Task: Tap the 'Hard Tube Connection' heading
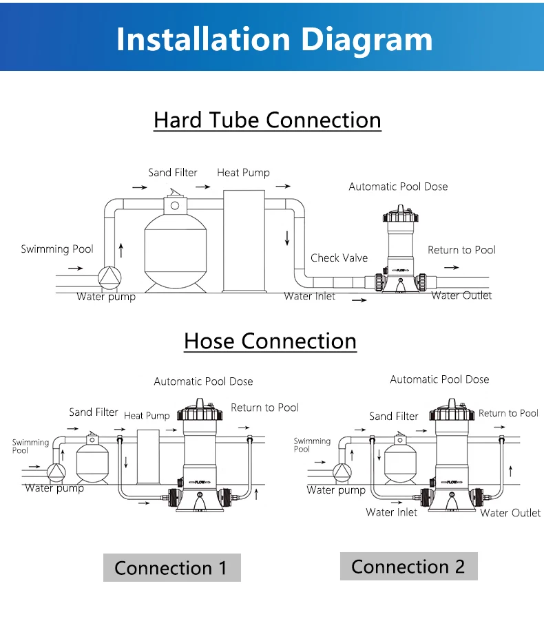[267, 120]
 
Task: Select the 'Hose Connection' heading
[270, 341]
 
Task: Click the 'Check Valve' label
[339, 258]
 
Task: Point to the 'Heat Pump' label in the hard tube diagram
[243, 173]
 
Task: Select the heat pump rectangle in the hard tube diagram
[244, 244]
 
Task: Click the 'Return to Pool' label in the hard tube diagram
[461, 250]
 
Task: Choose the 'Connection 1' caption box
[171, 568]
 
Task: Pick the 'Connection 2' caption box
[408, 567]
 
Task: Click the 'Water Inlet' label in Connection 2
[391, 512]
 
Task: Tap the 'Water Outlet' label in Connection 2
[510, 513]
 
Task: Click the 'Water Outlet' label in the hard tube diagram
[461, 295]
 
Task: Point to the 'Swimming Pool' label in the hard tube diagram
[56, 249]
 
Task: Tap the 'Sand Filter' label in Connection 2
[393, 416]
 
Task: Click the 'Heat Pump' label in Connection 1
[147, 416]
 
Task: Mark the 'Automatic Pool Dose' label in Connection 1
[203, 381]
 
